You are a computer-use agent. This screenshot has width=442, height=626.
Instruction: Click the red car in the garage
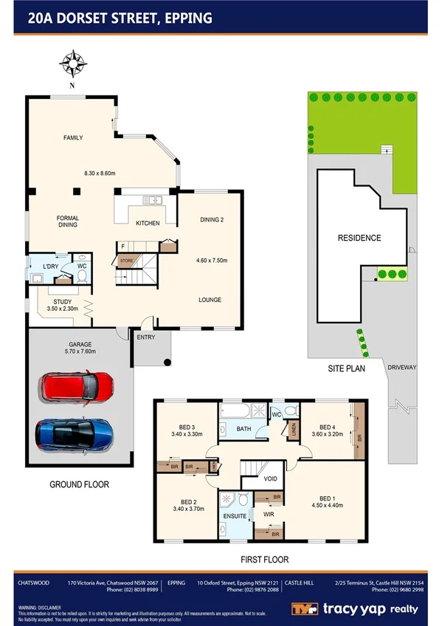click(x=77, y=386)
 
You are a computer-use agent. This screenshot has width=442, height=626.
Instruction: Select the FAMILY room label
click(x=72, y=138)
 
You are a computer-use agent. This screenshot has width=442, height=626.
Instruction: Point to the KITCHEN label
click(x=148, y=223)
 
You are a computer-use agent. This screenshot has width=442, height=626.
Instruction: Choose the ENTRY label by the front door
click(x=146, y=337)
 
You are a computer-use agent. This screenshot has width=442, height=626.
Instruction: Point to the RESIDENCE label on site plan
click(x=359, y=238)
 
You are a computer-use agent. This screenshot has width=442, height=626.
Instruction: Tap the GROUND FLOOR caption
click(x=79, y=485)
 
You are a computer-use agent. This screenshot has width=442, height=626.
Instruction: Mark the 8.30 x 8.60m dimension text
click(x=100, y=173)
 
